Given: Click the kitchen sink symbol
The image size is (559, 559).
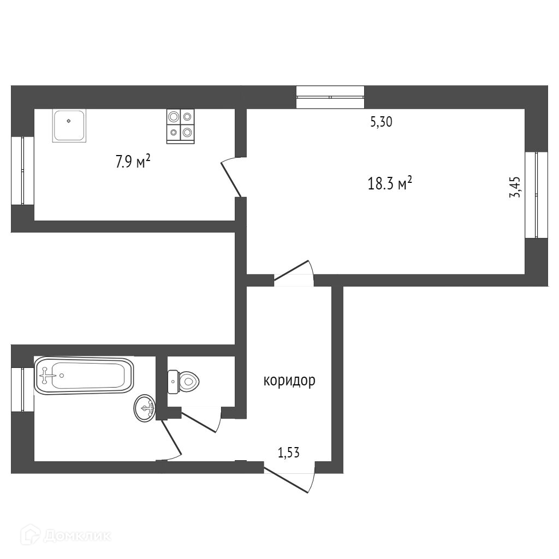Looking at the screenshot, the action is click(x=69, y=126).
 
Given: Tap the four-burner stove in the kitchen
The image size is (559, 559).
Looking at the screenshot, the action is click(x=180, y=126).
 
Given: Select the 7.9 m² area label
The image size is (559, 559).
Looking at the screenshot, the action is click(x=133, y=162).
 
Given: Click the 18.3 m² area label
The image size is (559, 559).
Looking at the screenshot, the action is click(x=390, y=183).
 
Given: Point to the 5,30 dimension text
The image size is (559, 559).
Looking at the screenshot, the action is click(x=382, y=122).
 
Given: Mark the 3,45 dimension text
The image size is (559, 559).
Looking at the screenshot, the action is click(x=515, y=187).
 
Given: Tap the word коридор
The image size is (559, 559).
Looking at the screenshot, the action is click(x=289, y=380).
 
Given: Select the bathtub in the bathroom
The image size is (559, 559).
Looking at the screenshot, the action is click(x=84, y=375).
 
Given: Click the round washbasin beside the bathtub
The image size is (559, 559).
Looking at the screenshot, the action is click(x=145, y=408).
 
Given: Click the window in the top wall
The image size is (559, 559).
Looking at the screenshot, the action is click(x=330, y=97).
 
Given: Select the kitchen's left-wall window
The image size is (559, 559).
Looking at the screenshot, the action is click(x=22, y=170).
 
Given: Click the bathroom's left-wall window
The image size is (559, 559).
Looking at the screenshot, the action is click(x=22, y=389).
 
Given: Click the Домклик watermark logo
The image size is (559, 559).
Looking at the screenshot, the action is click(x=68, y=536).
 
